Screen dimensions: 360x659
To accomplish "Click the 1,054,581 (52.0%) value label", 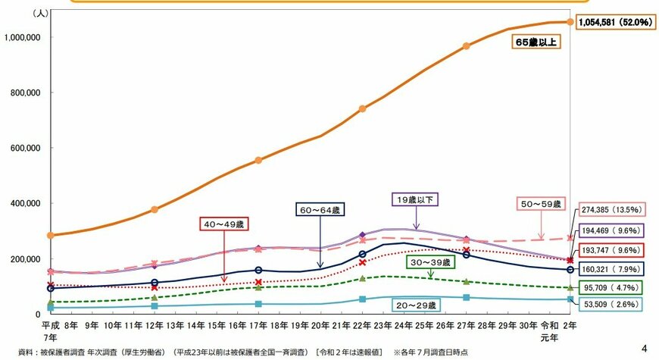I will pyautogui.click(x=615, y=23).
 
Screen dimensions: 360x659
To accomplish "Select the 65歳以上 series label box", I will pyautogui.click(x=536, y=43).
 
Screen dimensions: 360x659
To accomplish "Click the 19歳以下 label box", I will pyautogui.click(x=415, y=200).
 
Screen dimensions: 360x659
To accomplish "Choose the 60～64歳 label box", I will pyautogui.click(x=320, y=208).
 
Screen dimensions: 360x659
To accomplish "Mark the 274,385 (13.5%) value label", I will pyautogui.click(x=611, y=210).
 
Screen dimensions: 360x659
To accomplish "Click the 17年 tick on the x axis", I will pyautogui.click(x=258, y=326).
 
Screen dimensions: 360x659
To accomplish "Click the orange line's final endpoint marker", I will pyautogui.click(x=570, y=23).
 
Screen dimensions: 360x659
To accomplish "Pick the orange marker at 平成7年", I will pyautogui.click(x=50, y=235).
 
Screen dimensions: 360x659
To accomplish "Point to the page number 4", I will pyautogui.click(x=645, y=349).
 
